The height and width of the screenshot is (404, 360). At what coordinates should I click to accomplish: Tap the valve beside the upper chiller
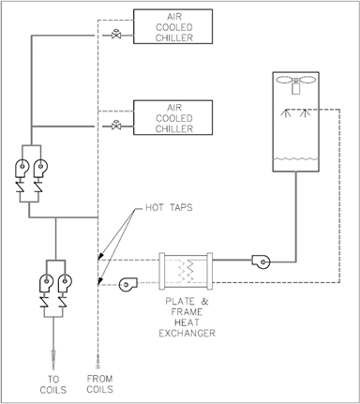(116, 36)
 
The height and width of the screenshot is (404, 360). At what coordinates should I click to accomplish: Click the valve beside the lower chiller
(116, 125)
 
